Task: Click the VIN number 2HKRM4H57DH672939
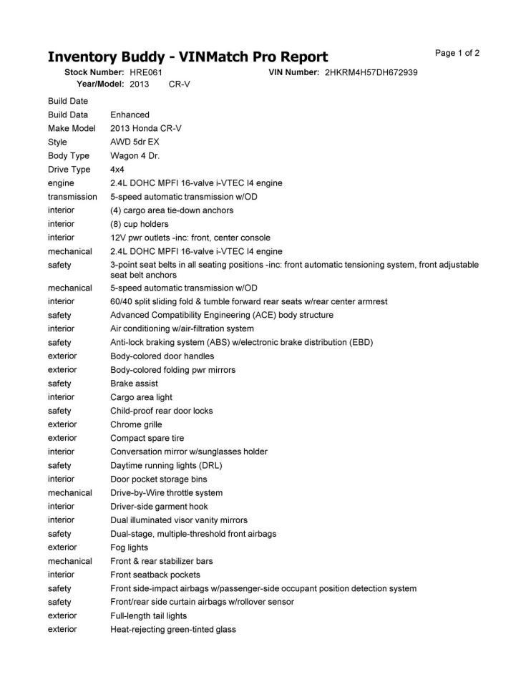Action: [371, 72]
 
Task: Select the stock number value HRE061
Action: [147, 72]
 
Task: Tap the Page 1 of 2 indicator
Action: [457, 53]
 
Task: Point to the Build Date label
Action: [68, 101]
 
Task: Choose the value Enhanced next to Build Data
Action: [130, 114]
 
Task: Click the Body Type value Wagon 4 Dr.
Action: [135, 155]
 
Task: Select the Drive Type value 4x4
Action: [117, 170]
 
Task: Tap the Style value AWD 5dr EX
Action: [135, 142]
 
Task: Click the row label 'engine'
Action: [61, 183]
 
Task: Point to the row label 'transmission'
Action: [72, 196]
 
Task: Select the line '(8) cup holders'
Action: [139, 224]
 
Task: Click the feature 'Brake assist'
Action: [134, 384]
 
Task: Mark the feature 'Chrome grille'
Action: [136, 424]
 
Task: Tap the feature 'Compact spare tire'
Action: [147, 438]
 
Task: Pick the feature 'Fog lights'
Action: [129, 547]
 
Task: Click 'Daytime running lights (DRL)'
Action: [171, 465]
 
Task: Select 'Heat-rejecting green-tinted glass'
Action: [172, 629]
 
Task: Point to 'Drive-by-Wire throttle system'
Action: [166, 492]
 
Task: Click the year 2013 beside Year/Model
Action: [139, 84]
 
